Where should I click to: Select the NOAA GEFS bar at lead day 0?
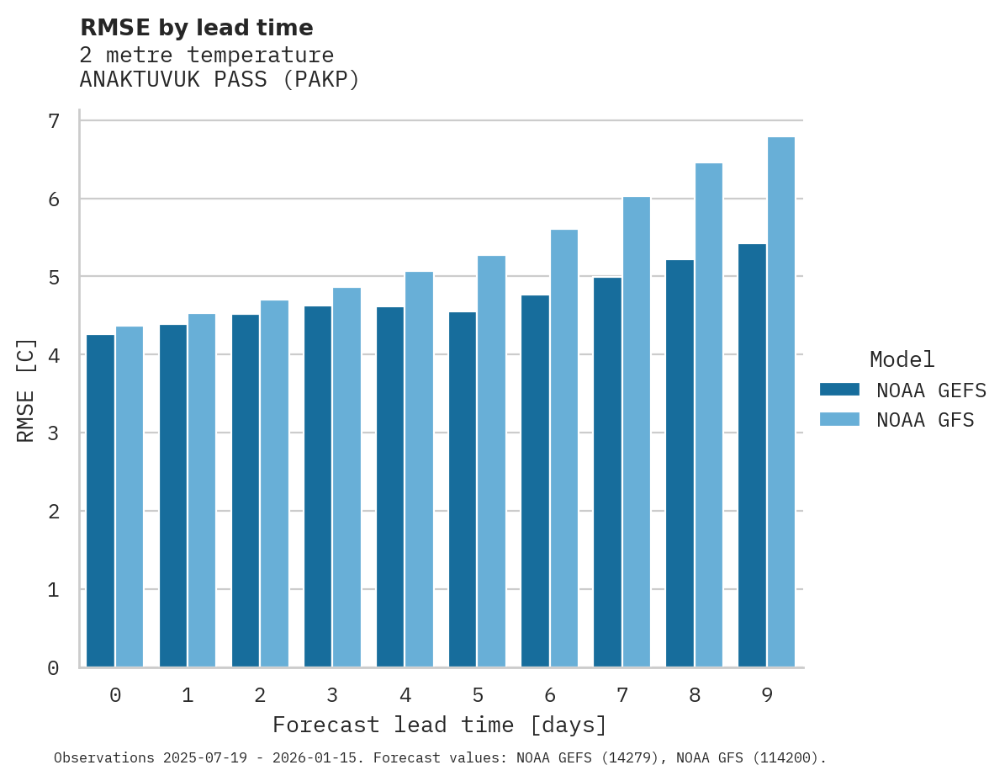click(101, 501)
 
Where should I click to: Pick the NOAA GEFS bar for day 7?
click(607, 472)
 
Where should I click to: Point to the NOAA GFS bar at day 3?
click(347, 477)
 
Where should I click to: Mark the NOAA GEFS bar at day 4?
click(390, 487)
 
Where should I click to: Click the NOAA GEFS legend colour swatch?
click(839, 390)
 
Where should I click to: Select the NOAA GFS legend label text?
click(925, 420)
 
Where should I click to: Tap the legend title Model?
click(902, 360)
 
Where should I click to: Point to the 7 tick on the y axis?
click(54, 121)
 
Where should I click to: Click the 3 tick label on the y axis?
click(54, 433)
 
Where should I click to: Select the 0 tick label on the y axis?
click(54, 668)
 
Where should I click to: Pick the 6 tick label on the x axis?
click(550, 696)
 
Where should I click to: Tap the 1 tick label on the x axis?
click(188, 696)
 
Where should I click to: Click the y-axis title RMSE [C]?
click(27, 390)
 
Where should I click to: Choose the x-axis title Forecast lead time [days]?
click(440, 725)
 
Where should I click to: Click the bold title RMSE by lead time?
click(197, 28)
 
